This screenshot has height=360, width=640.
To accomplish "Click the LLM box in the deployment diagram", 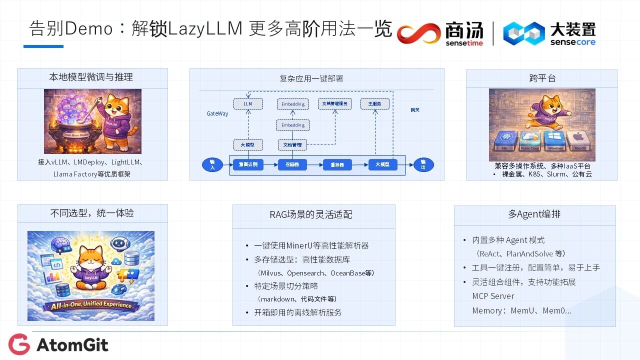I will point(248,104).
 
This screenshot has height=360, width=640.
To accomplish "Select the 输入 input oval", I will point(212,164).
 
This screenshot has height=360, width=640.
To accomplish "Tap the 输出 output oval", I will point(423,164).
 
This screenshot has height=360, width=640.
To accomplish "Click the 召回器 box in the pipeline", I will point(291,164).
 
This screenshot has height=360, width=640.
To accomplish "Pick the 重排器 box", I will point(337,164).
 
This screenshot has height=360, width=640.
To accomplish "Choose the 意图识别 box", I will point(248,164).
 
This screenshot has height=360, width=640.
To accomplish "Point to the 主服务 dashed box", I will point(374,104).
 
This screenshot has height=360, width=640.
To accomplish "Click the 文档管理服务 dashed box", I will point(335,104).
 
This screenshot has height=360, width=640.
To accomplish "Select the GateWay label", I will point(217,113).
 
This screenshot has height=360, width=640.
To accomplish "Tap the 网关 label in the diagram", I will point(414,109).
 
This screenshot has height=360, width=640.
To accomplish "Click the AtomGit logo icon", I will point(19,344).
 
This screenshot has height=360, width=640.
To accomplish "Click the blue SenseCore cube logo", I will point(523,33).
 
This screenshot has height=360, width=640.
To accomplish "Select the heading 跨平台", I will point(542,78).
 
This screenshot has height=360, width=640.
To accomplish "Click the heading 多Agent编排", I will point(534,214).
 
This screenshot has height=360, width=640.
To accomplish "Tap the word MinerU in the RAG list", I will point(299,245).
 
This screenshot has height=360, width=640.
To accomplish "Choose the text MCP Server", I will point(493,296).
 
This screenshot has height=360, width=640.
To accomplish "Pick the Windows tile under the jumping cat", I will point(555,140).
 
